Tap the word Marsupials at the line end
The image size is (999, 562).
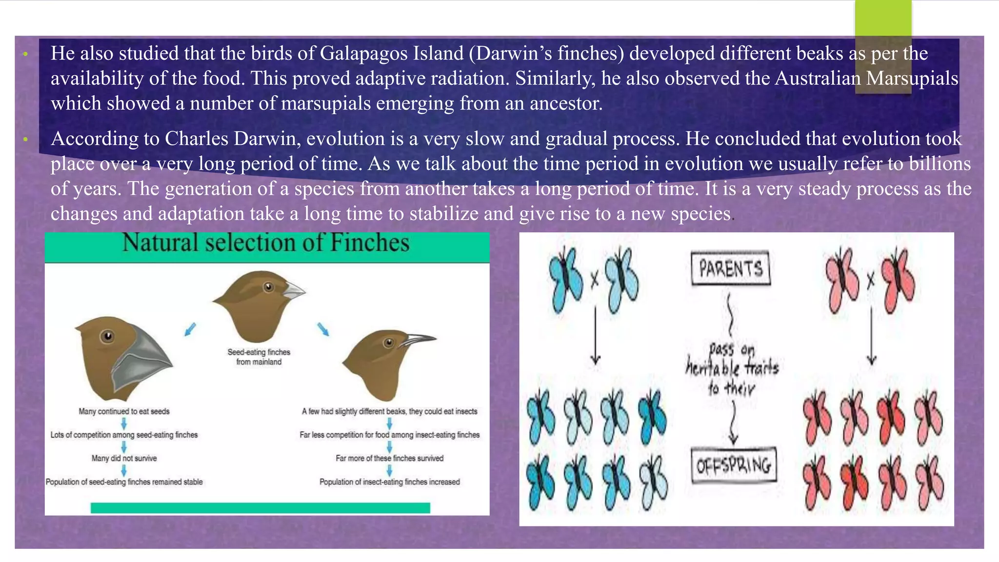click(912, 79)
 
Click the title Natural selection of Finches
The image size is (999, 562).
click(266, 243)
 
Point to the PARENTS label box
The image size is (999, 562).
click(731, 268)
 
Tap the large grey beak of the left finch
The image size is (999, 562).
click(141, 359)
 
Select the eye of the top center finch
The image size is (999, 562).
click(268, 287)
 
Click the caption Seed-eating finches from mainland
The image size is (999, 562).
click(259, 357)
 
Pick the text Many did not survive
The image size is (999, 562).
click(124, 458)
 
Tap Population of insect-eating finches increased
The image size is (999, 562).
click(389, 482)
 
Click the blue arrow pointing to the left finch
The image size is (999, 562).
click(190, 329)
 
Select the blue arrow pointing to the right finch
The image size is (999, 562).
click(323, 329)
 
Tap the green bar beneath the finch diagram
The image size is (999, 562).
click(260, 508)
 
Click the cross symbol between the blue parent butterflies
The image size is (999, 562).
click(594, 280)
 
